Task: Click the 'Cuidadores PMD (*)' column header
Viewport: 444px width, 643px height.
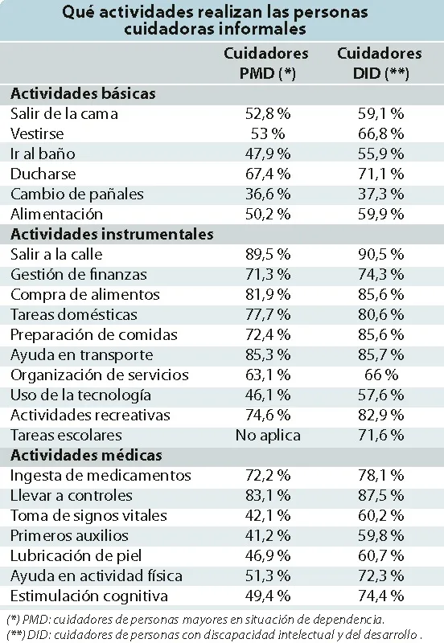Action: tap(266, 63)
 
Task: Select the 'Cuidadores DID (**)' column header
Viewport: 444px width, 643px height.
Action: tap(380, 63)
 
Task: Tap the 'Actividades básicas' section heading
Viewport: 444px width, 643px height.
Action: tap(83, 93)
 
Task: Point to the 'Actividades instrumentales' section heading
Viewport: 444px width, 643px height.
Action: tap(112, 234)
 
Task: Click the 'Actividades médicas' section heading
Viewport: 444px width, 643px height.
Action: tap(86, 455)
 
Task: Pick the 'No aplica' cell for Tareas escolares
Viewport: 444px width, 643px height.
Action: tap(268, 435)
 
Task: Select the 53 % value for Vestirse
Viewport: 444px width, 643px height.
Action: tap(268, 133)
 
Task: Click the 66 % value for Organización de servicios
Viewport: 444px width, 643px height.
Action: tap(381, 375)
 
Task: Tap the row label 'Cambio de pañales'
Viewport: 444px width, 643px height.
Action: tap(77, 194)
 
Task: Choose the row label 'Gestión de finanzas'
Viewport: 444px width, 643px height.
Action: tap(78, 274)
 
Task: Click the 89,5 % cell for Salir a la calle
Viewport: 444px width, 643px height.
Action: tap(268, 254)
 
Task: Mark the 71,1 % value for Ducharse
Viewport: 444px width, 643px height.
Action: tap(381, 174)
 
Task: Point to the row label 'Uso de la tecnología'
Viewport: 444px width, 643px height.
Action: tap(80, 395)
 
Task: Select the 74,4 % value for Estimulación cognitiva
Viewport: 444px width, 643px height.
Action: tap(381, 596)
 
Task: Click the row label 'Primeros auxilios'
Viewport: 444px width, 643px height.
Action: tap(69, 535)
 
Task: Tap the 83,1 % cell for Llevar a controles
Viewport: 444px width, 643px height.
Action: tap(268, 495)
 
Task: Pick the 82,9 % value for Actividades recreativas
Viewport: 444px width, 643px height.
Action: tap(381, 415)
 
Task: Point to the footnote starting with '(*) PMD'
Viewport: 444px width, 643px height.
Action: tap(195, 618)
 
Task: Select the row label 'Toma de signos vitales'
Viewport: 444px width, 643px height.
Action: tap(88, 515)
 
